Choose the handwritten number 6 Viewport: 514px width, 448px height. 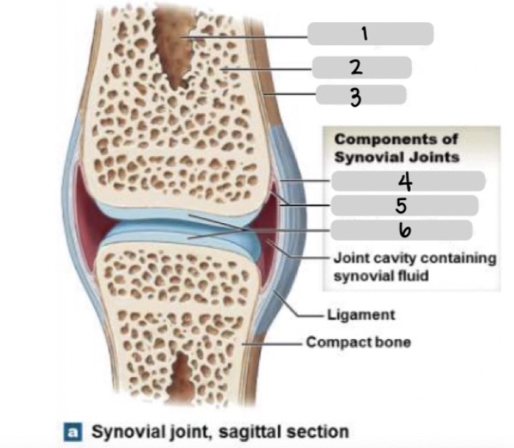[400, 229]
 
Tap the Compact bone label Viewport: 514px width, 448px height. [358, 342]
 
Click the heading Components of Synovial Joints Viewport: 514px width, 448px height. [397, 148]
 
